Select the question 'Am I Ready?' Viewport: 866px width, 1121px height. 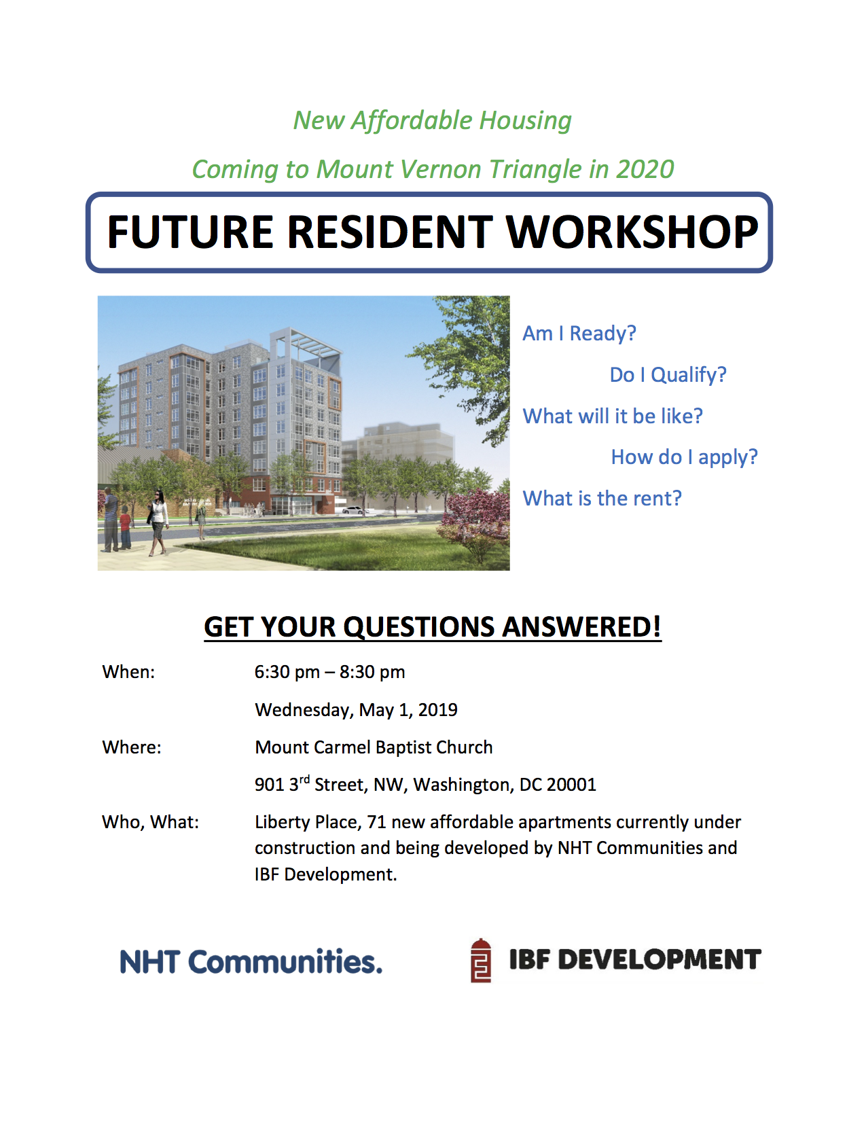tap(579, 334)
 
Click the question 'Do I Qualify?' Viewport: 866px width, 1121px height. tap(668, 376)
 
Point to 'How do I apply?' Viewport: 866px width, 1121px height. tap(685, 458)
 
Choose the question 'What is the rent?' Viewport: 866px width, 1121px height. tap(602, 499)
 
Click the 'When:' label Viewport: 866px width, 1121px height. tap(128, 672)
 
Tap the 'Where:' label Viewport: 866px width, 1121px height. tap(132, 747)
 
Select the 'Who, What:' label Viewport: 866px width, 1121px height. tap(150, 822)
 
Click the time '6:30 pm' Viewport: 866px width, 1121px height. tap(287, 673)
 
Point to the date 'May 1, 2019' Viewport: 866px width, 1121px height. tap(408, 711)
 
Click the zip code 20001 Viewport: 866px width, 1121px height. tap(571, 785)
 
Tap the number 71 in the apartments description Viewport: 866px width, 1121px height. tap(376, 822)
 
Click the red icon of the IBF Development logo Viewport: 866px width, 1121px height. tap(481, 961)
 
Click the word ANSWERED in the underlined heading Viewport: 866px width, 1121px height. tap(581, 627)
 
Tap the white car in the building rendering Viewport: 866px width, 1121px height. tap(353, 511)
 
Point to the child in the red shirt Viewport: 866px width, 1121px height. tap(125, 527)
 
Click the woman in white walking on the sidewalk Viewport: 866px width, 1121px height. tap(158, 522)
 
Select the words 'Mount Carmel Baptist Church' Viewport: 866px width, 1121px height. tap(374, 747)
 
